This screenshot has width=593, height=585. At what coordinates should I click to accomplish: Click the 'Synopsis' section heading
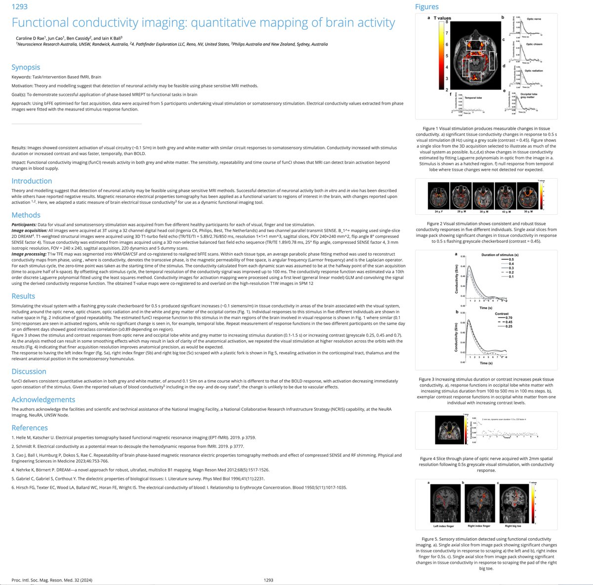pyautogui.click(x=26, y=67)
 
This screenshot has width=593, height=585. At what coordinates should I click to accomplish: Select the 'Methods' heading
pyautogui.click(x=26, y=215)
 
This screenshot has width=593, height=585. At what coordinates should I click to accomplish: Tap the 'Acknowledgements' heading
pyautogui.click(x=43, y=399)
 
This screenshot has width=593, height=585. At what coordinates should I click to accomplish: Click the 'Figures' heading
pyautogui.click(x=426, y=6)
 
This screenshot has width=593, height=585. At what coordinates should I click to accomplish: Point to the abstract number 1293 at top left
pyautogui.click(x=19, y=6)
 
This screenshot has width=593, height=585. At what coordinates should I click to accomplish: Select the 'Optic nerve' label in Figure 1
pyautogui.click(x=534, y=19)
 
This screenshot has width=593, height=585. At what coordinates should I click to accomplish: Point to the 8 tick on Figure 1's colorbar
pyautogui.click(x=446, y=22)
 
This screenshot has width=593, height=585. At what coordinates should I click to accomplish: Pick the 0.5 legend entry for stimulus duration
pyautogui.click(x=511, y=259)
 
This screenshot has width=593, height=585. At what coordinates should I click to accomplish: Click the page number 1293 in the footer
pyautogui.click(x=268, y=580)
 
